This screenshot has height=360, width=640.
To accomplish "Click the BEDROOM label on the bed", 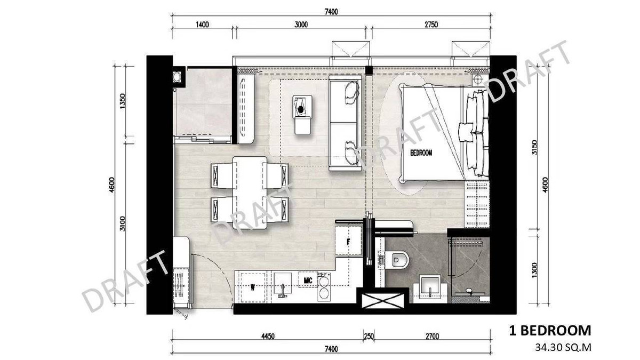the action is (x=421, y=153).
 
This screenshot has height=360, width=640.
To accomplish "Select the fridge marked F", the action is (x=349, y=242).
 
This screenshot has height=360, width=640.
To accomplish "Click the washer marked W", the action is (x=253, y=287).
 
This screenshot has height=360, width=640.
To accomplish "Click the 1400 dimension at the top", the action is (x=202, y=25).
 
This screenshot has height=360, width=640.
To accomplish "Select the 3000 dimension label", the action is (x=301, y=25).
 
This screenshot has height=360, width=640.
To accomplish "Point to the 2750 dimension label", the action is (x=431, y=25).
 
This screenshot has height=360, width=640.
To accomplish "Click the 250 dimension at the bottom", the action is (x=369, y=337).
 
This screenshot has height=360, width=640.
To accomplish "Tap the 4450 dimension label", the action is (x=268, y=337).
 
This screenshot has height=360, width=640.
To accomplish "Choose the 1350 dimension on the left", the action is (x=123, y=101).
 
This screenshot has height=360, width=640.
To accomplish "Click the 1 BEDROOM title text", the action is (x=550, y=331).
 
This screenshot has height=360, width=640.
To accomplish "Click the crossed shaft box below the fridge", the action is (x=383, y=301).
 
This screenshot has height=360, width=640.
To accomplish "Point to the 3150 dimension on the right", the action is (x=535, y=147).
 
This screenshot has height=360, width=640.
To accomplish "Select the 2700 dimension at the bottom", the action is (x=432, y=337).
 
